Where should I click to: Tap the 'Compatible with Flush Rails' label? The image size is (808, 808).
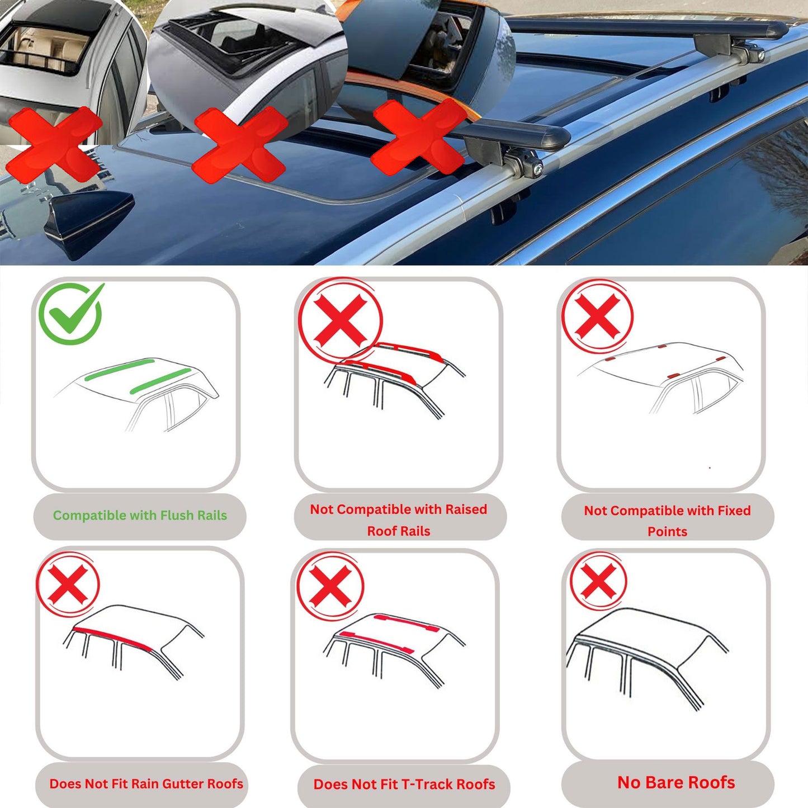tap(140, 516)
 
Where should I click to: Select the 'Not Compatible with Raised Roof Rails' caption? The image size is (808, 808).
tap(399, 519)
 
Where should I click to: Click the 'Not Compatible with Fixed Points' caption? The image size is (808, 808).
tap(667, 521)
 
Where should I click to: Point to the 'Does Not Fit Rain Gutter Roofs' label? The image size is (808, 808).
tap(146, 784)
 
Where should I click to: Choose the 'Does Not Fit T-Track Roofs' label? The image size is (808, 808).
tap(404, 785)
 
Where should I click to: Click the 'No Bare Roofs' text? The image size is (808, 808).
tap(676, 782)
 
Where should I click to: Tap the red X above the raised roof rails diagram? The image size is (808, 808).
tap(340, 320)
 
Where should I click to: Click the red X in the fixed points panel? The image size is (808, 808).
tap(597, 316)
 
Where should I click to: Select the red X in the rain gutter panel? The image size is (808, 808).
tap(68, 584)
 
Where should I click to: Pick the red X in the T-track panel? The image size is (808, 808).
tap(330, 585)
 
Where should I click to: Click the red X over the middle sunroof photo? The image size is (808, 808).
tap(239, 144)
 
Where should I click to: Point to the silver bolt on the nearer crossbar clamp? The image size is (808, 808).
tap(537, 168)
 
